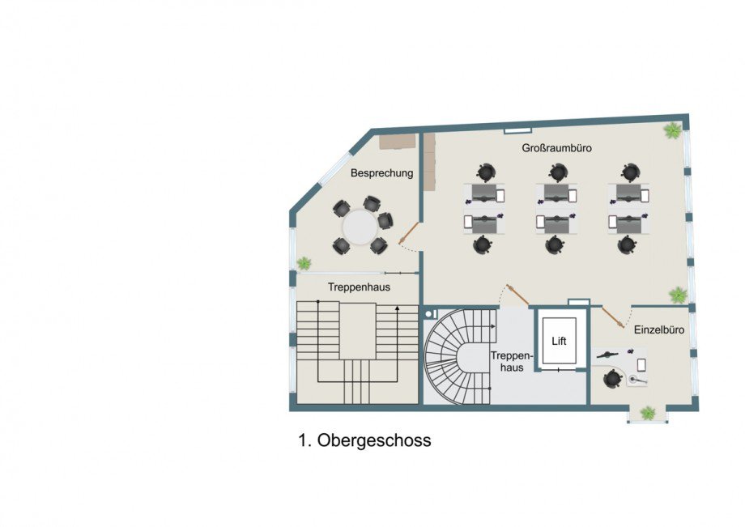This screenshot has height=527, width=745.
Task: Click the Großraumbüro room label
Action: pos(557,148)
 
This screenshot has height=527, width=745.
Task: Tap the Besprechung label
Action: pos(382,173)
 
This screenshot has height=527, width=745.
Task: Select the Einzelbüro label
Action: pos(659,329)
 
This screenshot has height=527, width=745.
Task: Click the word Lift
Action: pos(560,341)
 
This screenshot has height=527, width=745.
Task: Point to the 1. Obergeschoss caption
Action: pos(365,440)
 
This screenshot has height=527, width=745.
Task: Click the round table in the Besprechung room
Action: pos(360,227)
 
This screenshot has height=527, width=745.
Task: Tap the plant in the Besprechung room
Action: pos(304,262)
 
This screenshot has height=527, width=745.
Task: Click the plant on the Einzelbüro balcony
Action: pos(648,413)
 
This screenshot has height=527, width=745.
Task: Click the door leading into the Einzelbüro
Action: pos(613,317)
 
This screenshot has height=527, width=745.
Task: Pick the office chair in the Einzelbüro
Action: pos(612,379)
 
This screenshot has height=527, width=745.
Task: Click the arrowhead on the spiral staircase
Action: pos(493,326)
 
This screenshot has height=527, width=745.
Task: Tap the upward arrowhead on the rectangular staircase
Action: pos(398,308)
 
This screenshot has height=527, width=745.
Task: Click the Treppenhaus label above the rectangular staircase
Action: pos(360,287)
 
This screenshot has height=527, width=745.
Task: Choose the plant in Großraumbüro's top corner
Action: pos(672,130)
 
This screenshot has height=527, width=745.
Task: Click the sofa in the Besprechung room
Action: pos(398,142)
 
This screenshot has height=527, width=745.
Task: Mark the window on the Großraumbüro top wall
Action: pos(518,130)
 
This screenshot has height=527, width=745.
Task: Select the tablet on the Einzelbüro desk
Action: pos(641,364)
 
